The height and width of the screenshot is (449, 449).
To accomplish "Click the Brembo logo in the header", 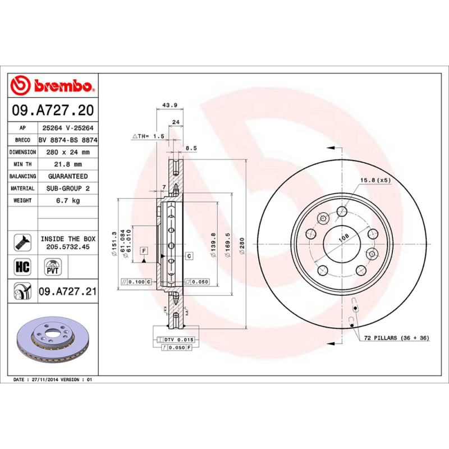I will (54, 86).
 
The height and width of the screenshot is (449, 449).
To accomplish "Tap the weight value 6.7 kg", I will (67, 200).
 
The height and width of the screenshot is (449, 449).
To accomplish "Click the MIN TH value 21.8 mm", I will (67, 164).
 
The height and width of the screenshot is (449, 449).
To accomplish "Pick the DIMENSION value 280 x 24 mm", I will (67, 152).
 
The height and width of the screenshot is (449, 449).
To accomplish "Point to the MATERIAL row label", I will (23, 189).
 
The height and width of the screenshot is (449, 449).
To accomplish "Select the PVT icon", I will (52, 265).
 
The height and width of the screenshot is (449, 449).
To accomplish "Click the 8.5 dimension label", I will (191, 148).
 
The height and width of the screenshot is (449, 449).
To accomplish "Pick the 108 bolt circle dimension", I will (342, 239).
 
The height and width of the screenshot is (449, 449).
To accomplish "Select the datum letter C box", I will (189, 256).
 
